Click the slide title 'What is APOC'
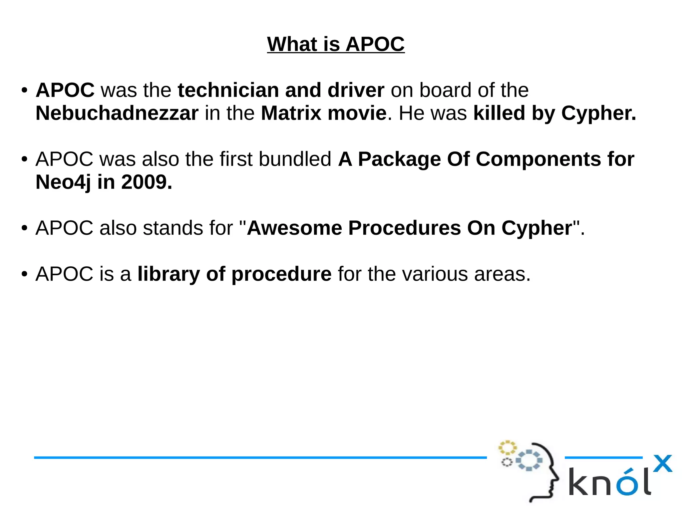336,44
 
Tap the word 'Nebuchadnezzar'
117,113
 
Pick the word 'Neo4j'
63,182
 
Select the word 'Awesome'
294,228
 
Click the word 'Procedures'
405,228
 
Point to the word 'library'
169,274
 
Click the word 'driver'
356,90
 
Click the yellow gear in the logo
507,448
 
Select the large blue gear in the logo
529,460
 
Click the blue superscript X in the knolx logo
663,464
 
